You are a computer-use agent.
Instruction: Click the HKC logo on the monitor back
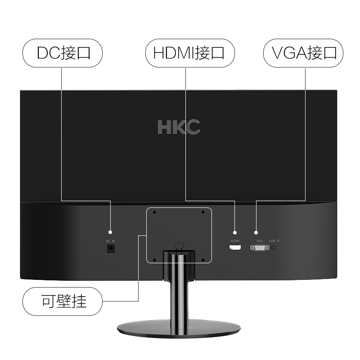tap(179, 127)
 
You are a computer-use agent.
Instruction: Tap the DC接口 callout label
tap(63, 53)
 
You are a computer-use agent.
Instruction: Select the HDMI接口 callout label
tap(189, 53)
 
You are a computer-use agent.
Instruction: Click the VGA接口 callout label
tap(304, 53)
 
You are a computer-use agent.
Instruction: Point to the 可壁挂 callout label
tap(63, 301)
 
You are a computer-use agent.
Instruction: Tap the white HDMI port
tap(235, 247)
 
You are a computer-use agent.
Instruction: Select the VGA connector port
tap(260, 247)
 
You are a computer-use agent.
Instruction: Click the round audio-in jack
tap(274, 247)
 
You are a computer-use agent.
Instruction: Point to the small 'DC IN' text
tap(111, 241)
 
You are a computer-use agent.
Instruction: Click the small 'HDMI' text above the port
tap(235, 241)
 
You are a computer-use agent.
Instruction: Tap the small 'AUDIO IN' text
tap(274, 241)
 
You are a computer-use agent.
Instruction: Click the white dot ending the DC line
tap(111, 232)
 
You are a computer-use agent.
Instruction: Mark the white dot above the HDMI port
tap(234, 232)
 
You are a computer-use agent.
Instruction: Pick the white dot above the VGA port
tap(256, 232)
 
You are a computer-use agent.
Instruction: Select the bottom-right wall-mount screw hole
tap(203, 259)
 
